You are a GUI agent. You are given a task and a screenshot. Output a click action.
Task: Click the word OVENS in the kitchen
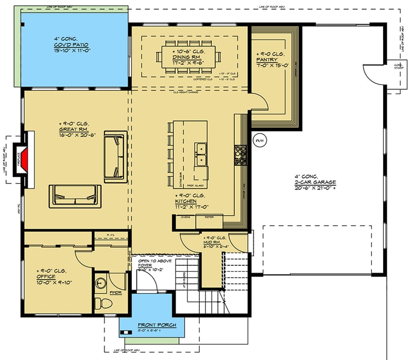(x=186, y=217)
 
